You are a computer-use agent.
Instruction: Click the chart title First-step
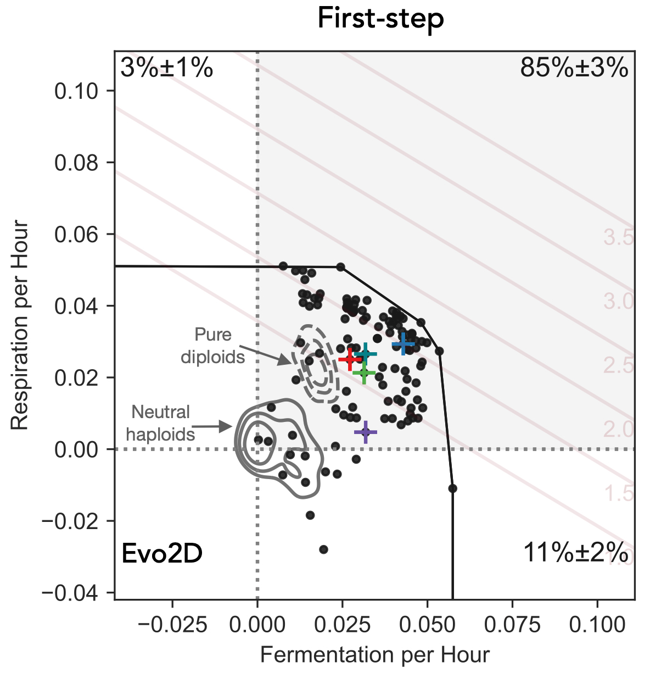point(380,20)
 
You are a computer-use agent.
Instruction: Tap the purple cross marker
point(365,432)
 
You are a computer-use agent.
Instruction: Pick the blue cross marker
point(404,344)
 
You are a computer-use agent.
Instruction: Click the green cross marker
point(363,374)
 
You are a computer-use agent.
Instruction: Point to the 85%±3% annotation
point(574,69)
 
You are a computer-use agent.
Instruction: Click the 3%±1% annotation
point(166,69)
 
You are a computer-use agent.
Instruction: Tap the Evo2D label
point(162,553)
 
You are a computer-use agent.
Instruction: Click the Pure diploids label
point(213,346)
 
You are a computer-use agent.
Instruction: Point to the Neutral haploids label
point(161,423)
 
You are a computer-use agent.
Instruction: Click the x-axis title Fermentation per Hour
point(374,655)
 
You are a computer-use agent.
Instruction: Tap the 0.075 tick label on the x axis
point(512,625)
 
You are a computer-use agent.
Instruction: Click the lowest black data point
point(323,549)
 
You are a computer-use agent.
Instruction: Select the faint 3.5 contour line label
point(618,238)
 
